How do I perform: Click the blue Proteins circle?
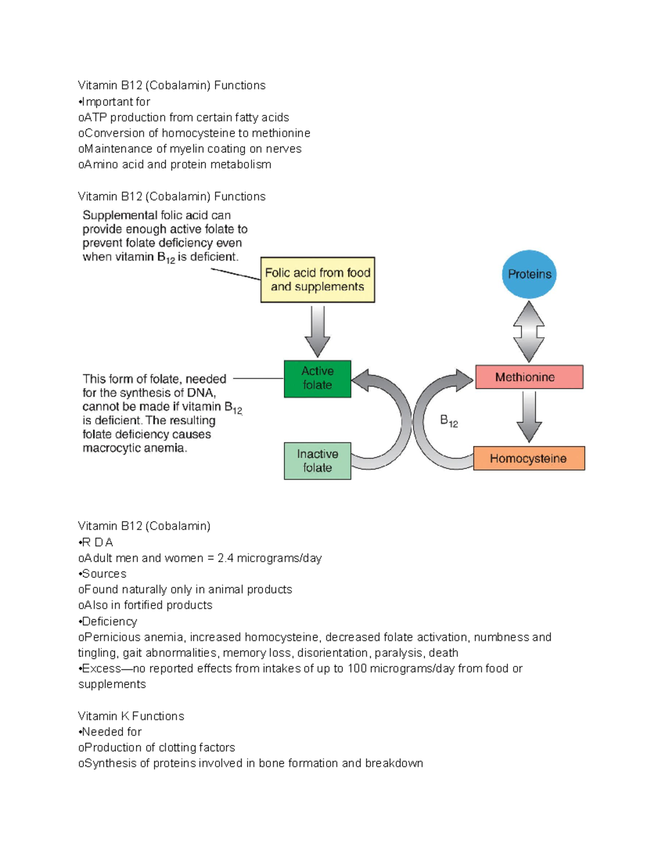[x=529, y=274]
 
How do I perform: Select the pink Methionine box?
[x=529, y=377]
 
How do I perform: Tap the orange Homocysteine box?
[x=529, y=458]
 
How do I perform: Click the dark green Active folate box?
[x=317, y=379]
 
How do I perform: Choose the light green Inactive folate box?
[x=317, y=461]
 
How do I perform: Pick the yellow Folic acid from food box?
[x=318, y=279]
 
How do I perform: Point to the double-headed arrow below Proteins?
[x=529, y=332]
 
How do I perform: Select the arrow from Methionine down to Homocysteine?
[x=529, y=416]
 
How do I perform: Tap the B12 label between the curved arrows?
[x=449, y=421]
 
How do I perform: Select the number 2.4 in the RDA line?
[x=226, y=558]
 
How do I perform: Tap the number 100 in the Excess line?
[x=357, y=669]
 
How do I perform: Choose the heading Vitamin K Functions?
[x=131, y=716]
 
